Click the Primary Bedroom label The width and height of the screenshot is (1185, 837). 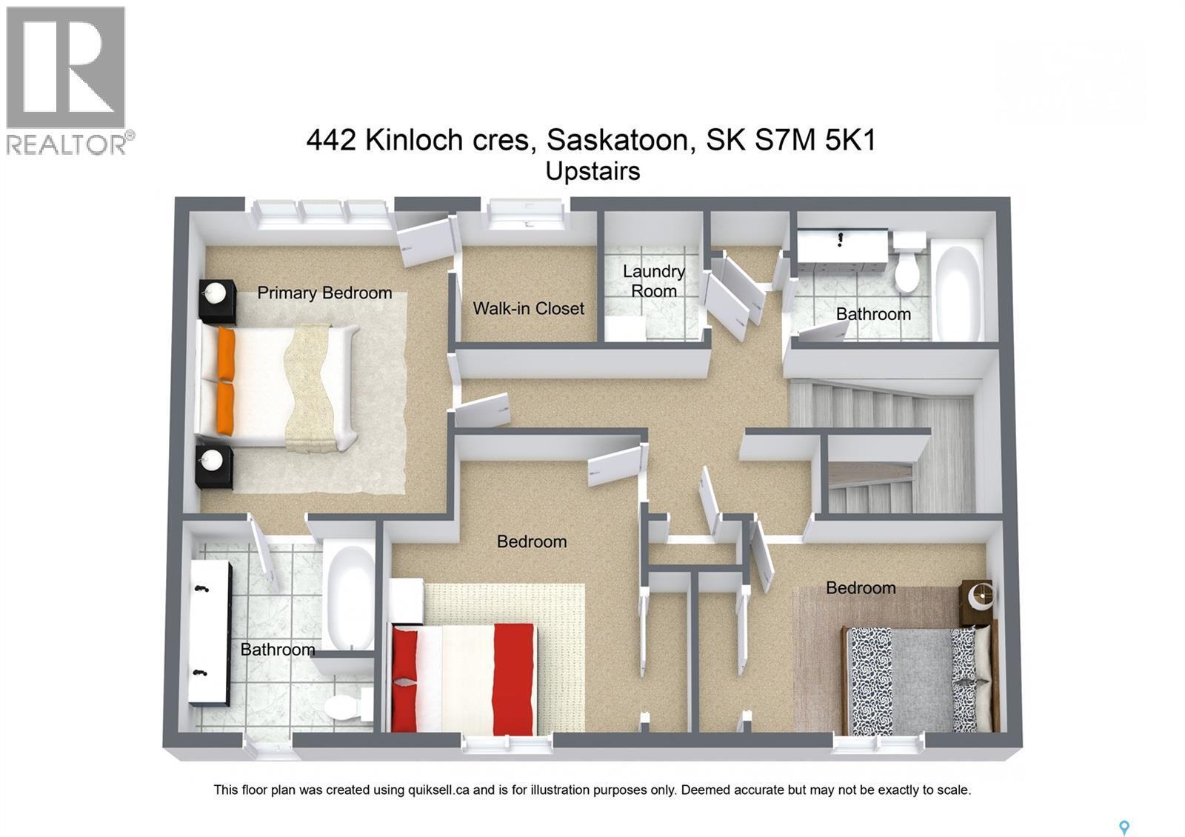click(x=324, y=293)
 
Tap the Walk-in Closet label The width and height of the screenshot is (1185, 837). click(x=528, y=308)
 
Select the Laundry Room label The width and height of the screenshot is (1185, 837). click(x=653, y=281)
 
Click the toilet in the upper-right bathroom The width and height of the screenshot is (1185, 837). click(x=908, y=263)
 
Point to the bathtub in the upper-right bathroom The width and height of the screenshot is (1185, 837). click(x=959, y=293)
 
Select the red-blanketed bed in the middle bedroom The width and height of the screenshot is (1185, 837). click(x=463, y=677)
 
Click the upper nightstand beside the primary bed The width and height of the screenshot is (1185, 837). click(x=217, y=300)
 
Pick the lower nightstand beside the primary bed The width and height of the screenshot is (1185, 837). click(x=214, y=466)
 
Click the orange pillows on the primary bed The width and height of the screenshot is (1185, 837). click(x=225, y=381)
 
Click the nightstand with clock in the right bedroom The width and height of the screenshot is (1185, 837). click(x=978, y=601)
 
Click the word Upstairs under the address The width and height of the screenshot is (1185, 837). click(x=592, y=171)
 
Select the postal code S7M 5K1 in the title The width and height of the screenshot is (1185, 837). click(x=815, y=139)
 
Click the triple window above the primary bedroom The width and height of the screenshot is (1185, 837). click(x=320, y=213)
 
